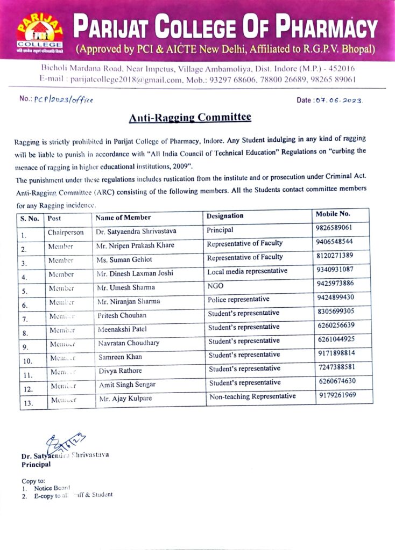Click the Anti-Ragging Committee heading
coord(190,117)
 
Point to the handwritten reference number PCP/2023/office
coord(64,100)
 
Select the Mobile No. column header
coord(333,215)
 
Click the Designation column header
coord(225,216)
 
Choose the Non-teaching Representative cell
coord(252,396)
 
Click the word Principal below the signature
coord(36,465)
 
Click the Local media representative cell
coord(247,271)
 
